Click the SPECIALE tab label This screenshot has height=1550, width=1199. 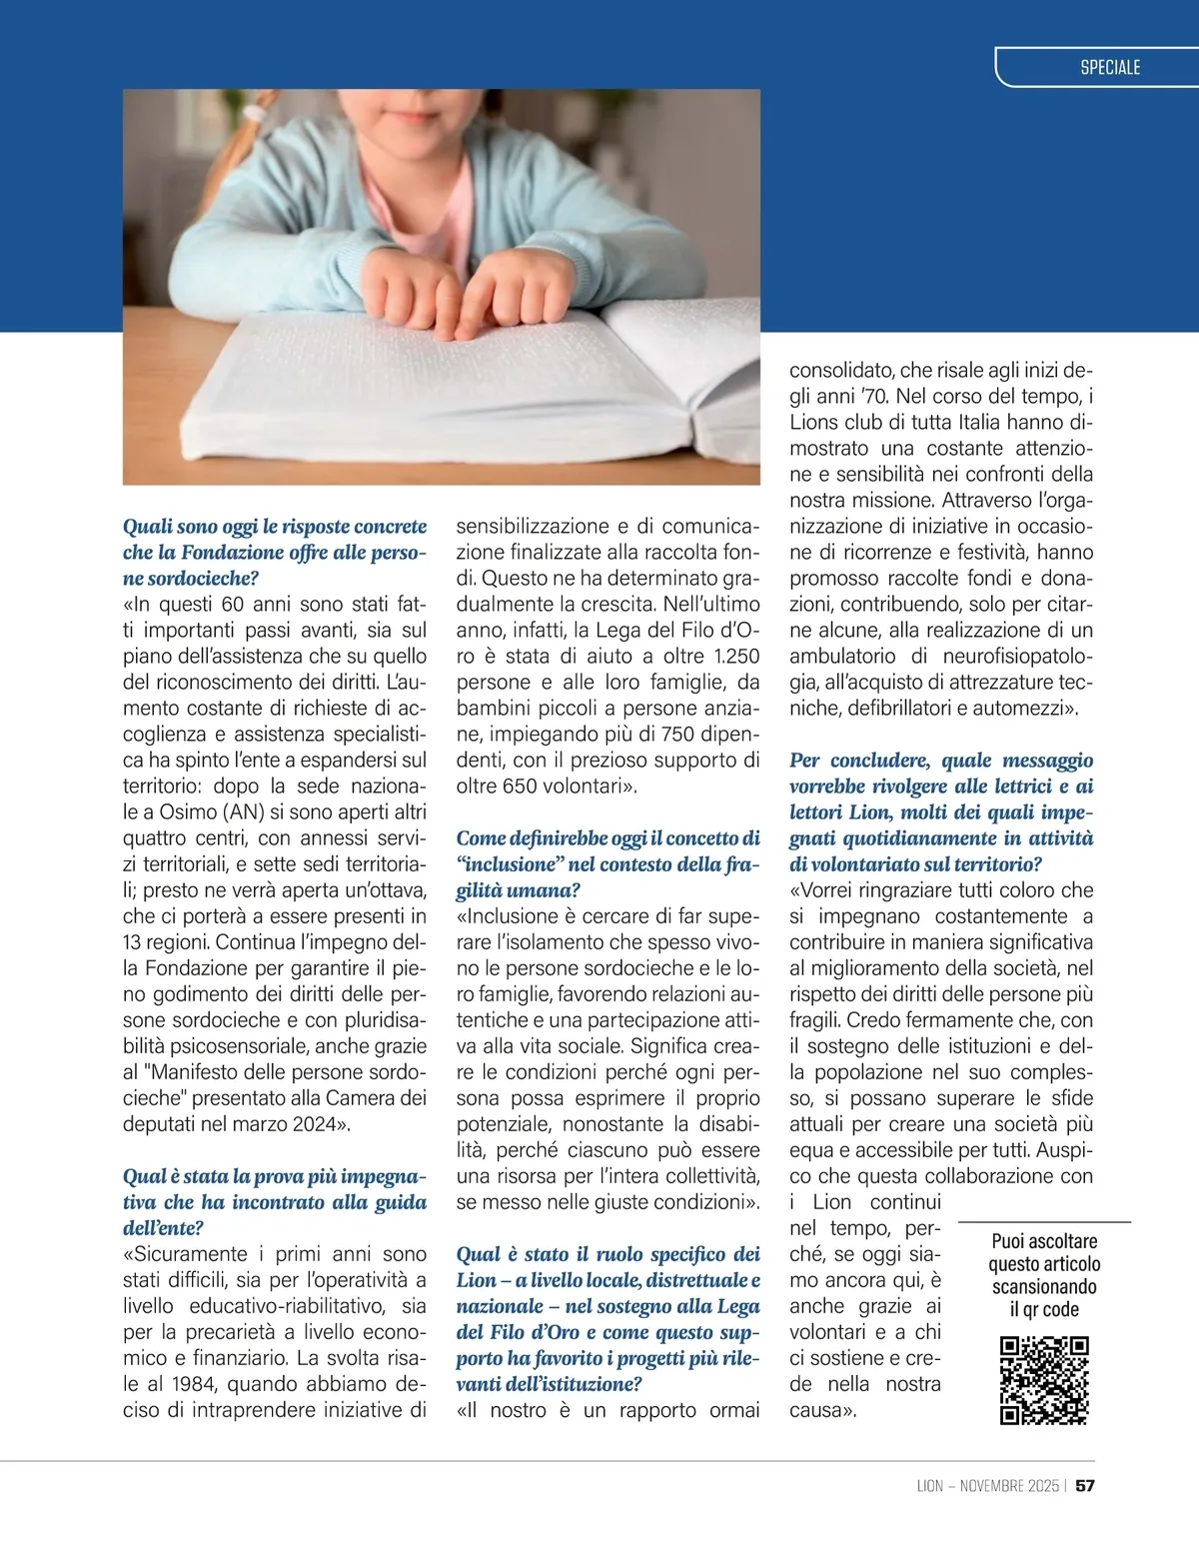click(1110, 68)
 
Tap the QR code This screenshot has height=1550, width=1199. click(1044, 1380)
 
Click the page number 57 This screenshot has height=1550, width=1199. click(1085, 1485)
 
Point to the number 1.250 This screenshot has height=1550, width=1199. click(737, 657)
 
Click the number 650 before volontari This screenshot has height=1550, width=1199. click(521, 786)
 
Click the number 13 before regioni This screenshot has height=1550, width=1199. click(134, 942)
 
